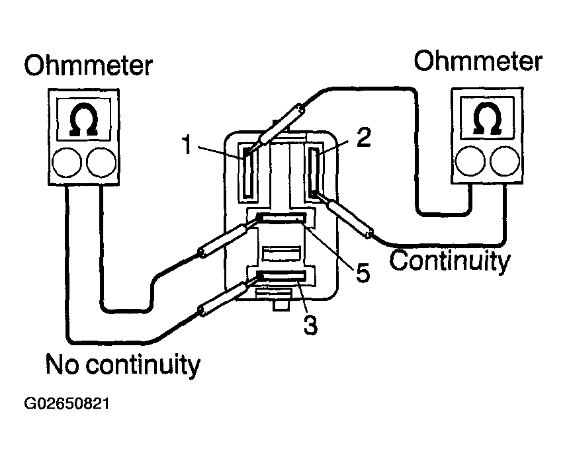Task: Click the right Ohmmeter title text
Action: [478, 61]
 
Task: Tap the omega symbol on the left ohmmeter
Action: [84, 120]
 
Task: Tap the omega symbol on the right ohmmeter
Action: [487, 118]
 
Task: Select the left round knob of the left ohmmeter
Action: [67, 162]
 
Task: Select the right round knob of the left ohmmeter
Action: [101, 162]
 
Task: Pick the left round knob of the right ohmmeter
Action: [470, 161]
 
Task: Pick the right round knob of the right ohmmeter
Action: [505, 161]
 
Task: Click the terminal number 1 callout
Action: [187, 145]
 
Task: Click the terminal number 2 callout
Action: [363, 138]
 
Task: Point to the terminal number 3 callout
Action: [310, 325]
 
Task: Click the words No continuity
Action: [122, 364]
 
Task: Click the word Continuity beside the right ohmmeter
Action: [449, 261]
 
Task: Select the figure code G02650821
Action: [67, 403]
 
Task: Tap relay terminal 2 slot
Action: [313, 172]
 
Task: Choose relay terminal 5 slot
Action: [281, 219]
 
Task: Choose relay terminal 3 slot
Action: [281, 276]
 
